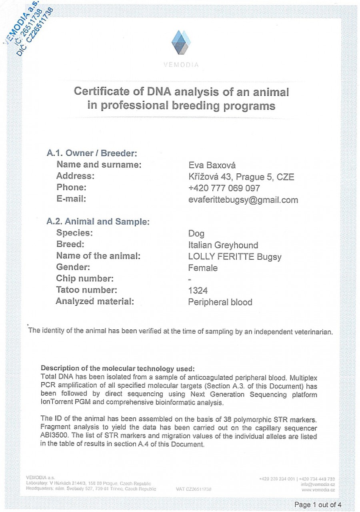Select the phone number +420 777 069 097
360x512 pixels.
point(224,188)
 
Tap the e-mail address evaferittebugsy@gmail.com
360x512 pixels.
point(243,200)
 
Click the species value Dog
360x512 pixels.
point(196,233)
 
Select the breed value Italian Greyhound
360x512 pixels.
point(223,245)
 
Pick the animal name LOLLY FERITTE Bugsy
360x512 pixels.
point(234,257)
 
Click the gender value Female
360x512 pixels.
point(203,268)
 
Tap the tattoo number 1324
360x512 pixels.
point(198,291)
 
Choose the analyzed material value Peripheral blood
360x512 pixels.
point(220,302)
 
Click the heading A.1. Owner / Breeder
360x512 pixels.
point(92,153)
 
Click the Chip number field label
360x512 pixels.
point(85,279)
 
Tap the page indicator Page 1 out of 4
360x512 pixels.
point(318,504)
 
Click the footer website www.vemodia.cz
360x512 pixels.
point(318,490)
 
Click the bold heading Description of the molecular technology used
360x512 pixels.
point(118,368)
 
